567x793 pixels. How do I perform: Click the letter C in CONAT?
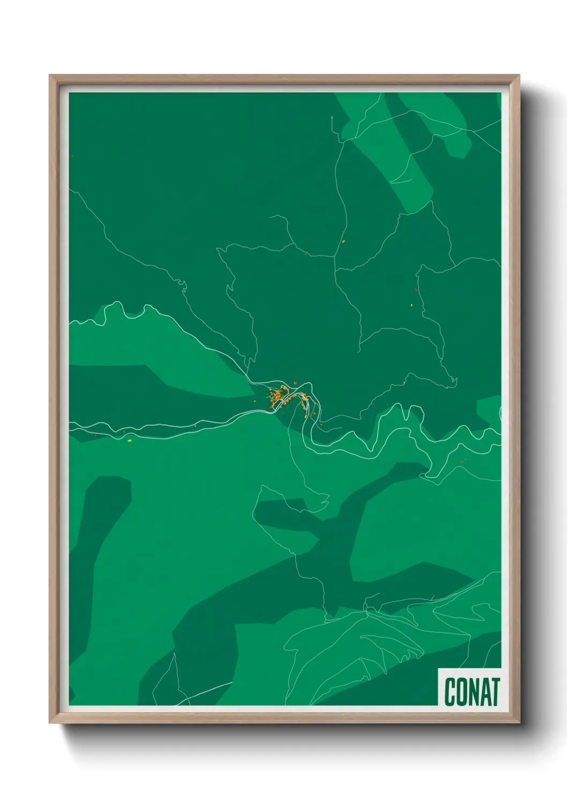tap(450, 692)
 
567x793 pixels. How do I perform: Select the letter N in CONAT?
tap(473, 692)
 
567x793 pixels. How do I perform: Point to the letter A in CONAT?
tap(485, 692)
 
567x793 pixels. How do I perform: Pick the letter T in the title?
tap(496, 692)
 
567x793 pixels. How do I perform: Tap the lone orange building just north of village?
tap(295, 383)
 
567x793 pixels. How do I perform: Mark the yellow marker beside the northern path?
tap(344, 241)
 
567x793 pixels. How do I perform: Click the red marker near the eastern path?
tap(416, 290)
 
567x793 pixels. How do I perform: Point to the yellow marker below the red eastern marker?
tap(411, 305)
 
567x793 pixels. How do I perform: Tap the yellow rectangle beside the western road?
tap(129, 440)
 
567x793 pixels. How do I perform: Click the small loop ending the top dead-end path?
tap(332, 119)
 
